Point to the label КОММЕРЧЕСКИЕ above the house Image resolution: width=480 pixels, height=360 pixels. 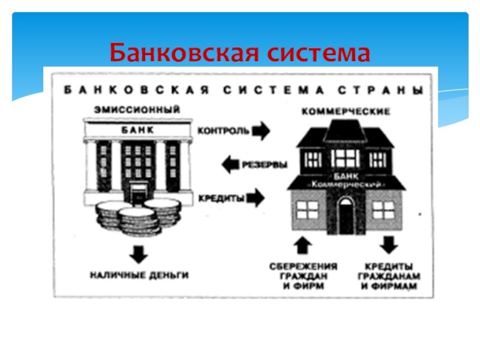point(346,112)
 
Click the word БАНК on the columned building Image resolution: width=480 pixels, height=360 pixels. point(137,130)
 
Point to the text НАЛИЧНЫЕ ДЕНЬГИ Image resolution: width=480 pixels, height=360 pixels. point(139,275)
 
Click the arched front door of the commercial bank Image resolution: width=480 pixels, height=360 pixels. point(346,214)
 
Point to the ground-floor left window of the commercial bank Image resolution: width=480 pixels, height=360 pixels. point(307,209)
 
